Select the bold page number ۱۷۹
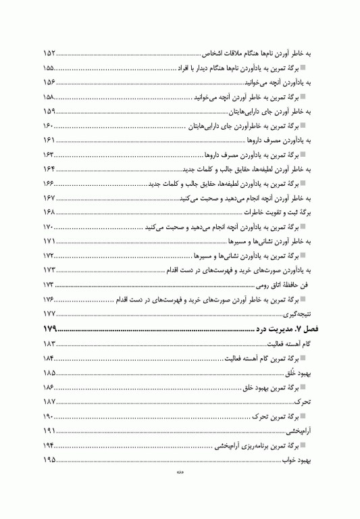[x=49, y=330]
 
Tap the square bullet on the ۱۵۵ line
[x=303, y=67]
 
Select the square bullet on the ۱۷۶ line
[x=303, y=299]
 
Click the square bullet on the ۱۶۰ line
[x=303, y=125]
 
